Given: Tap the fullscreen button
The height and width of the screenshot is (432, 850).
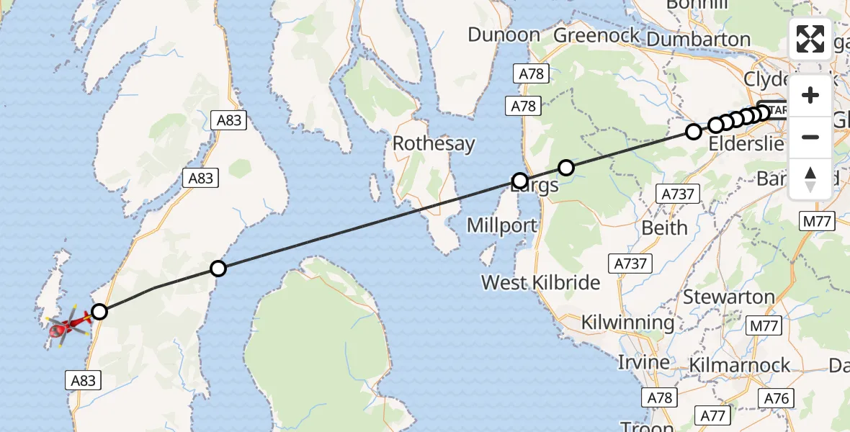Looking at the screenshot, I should (x=810, y=40).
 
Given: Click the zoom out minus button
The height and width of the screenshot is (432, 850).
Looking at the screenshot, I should (x=810, y=137).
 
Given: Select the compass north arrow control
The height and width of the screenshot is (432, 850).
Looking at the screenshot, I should (x=810, y=179).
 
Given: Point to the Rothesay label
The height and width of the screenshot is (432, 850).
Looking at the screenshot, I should (x=433, y=143).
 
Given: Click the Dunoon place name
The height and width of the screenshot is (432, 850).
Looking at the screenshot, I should (x=504, y=35).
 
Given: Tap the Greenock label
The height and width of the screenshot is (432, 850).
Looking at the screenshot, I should (x=596, y=35).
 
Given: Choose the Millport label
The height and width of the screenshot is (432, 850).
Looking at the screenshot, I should (x=502, y=225).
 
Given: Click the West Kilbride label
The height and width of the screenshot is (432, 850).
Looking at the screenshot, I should (x=540, y=282).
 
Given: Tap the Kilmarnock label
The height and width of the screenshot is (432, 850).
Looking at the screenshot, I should (x=740, y=365).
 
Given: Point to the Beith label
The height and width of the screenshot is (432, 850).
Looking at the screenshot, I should (x=664, y=228).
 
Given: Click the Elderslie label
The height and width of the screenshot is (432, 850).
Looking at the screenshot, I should (x=746, y=143).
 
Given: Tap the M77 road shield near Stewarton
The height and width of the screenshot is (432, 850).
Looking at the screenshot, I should (x=764, y=326).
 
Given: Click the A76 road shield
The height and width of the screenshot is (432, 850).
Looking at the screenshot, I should (x=777, y=398).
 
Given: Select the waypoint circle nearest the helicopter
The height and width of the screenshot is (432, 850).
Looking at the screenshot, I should (x=99, y=312).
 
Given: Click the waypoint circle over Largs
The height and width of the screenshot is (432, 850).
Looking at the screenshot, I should (x=520, y=180).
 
